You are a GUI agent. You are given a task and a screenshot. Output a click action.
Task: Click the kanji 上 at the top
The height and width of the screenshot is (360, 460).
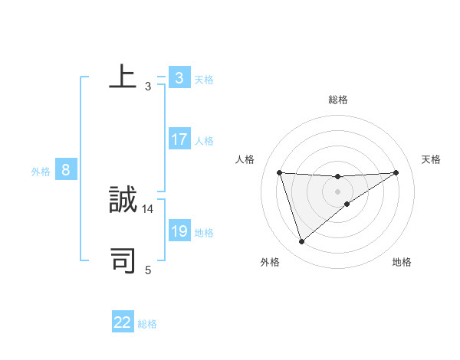[x=123, y=77]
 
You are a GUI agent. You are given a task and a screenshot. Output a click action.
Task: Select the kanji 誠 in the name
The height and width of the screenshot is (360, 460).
[x=123, y=200]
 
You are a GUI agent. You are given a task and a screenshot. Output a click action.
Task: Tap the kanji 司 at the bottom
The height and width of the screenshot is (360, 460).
[x=123, y=260]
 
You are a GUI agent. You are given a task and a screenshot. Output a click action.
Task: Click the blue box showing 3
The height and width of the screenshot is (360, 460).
[x=179, y=78]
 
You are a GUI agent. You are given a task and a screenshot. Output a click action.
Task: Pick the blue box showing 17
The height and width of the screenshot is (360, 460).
[x=179, y=140]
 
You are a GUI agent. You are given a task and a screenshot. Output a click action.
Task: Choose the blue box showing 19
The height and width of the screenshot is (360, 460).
[x=179, y=232]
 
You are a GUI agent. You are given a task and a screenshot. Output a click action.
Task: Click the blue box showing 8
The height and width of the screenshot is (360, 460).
[x=66, y=171]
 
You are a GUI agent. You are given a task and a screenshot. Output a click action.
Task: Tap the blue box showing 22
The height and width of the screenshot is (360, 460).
[x=123, y=323]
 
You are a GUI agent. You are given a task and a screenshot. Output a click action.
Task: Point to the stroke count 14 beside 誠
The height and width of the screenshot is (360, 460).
[x=148, y=208]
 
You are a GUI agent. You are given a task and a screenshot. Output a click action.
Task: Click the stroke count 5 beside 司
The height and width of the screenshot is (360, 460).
[x=148, y=270]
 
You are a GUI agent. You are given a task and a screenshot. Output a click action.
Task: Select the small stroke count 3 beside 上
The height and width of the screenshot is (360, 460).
[x=148, y=86]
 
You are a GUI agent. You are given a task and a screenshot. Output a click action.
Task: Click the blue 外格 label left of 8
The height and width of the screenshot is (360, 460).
[x=41, y=172]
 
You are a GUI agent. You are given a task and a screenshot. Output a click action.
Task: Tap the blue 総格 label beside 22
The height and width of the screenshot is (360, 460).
[x=147, y=324]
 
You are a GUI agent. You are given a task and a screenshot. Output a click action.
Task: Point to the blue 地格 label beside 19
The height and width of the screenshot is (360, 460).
[x=204, y=233]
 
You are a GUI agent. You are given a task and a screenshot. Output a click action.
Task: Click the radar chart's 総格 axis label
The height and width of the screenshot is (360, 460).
[x=337, y=100]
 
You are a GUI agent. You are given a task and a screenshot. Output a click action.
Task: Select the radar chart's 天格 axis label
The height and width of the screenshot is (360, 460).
[x=431, y=159]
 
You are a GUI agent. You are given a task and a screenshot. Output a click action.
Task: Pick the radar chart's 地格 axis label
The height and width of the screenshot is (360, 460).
[x=402, y=262]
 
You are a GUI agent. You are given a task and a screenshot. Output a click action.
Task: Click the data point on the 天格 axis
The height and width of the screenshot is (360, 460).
[x=396, y=172]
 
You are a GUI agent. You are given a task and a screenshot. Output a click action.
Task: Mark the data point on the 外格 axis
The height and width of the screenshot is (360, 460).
[x=301, y=242]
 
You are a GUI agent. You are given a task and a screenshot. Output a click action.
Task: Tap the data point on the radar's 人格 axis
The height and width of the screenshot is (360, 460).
[x=280, y=172]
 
